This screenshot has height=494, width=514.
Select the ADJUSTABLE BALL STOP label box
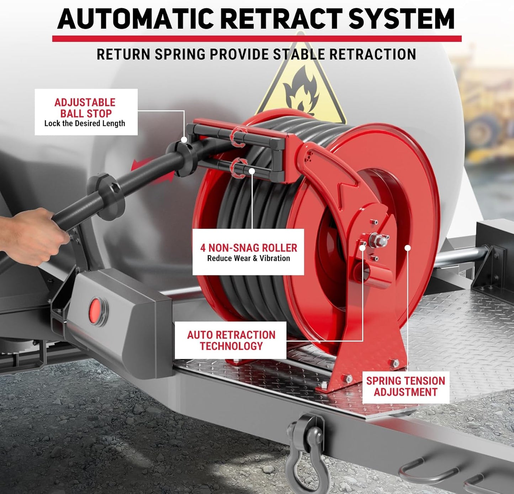click(x=86, y=112)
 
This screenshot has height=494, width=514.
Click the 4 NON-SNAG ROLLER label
click(x=248, y=248)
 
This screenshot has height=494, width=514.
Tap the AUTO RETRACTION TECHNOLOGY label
click(x=231, y=340)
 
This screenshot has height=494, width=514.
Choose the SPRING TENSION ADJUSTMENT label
click(x=406, y=387)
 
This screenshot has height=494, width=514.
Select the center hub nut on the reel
click(x=378, y=241)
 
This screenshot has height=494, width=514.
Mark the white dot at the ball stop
click(x=184, y=140)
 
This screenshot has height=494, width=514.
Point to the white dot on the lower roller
click(x=252, y=171)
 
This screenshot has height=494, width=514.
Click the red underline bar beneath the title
click(x=256, y=38)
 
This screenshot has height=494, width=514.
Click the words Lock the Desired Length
click(x=85, y=123)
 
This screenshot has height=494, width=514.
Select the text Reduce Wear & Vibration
click(x=248, y=259)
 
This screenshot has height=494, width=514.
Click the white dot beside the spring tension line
click(x=408, y=248)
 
